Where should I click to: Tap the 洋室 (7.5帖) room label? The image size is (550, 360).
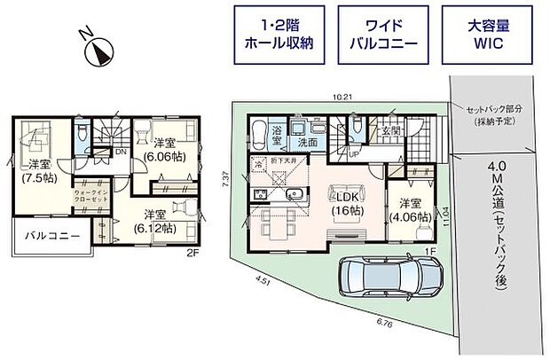coord(39,171)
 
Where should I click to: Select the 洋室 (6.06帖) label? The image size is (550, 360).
coord(166,149)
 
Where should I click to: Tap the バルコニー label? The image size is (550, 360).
coord(51,237)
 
